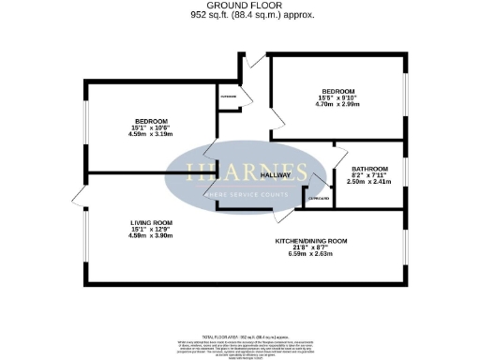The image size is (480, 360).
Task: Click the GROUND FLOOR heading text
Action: click(239, 6)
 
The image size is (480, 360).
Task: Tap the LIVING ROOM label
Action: click(150, 222)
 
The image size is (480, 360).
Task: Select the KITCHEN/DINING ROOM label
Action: click(311, 241)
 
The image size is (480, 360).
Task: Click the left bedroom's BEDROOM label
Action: click(150, 121)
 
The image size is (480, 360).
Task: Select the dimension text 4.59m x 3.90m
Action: click(150, 235)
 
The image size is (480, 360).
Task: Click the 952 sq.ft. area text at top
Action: click(239, 15)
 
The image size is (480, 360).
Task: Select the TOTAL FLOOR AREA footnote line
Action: click(240, 335)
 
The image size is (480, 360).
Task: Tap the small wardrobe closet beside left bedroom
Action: click(227, 97)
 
